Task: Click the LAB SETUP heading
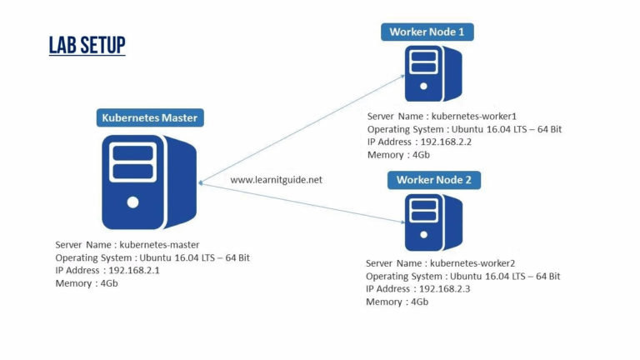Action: coord(87,44)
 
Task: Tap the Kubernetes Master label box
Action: coord(149,117)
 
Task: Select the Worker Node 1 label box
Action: coord(427,32)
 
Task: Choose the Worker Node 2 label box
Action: coord(433,179)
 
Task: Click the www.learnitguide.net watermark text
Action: coord(275,179)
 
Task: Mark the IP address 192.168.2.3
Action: coord(445,288)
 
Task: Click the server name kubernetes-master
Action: coord(159,245)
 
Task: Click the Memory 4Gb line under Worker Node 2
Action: coord(397,302)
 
